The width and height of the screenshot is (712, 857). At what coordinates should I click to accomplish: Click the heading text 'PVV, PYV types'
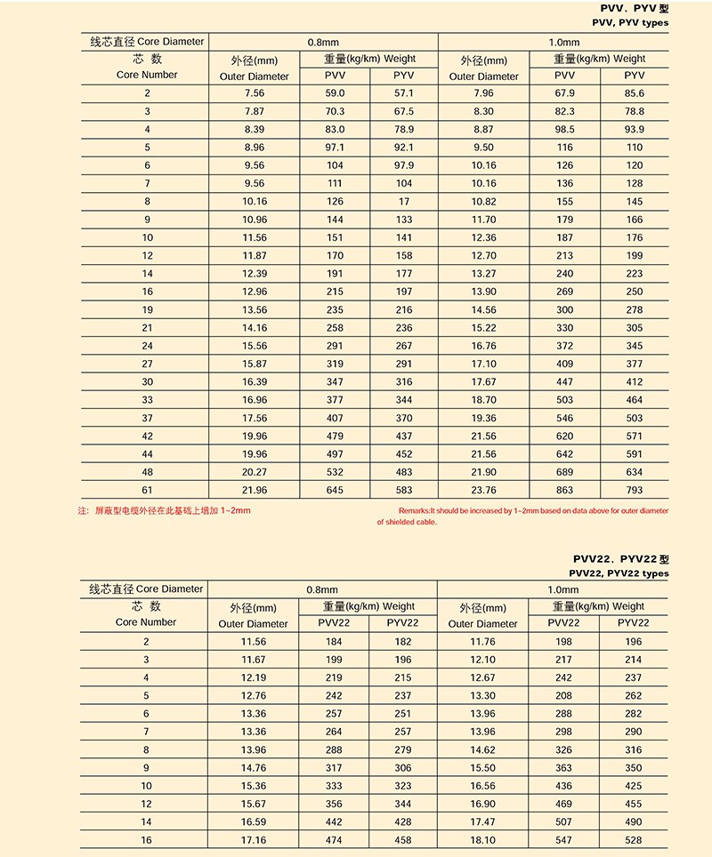pos(629,22)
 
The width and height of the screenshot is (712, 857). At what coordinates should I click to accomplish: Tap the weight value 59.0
pos(334,93)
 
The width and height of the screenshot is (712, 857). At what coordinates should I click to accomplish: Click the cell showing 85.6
pos(634,93)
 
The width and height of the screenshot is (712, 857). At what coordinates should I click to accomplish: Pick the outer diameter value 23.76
pos(484,490)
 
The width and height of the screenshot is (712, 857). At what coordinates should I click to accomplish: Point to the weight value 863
pos(565,490)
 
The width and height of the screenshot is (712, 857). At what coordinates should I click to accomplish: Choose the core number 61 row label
pos(147,490)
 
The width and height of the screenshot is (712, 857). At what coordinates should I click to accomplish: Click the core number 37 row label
pos(147,418)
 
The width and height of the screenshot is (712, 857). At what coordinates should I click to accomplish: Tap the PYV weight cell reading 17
pos(403,202)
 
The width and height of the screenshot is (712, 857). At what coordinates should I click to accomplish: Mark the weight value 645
pos(334,490)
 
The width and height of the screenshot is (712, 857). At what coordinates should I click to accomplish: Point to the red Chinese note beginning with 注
pos(165,511)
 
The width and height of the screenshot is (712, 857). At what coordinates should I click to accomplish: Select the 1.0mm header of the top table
pos(563,42)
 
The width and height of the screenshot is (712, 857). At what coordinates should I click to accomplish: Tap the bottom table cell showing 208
pos(564,695)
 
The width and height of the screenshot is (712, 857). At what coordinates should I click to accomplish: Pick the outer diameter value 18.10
pos(483,839)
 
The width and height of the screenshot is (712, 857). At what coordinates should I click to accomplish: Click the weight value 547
pos(564,839)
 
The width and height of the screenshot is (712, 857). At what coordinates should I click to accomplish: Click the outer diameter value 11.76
pos(483,641)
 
